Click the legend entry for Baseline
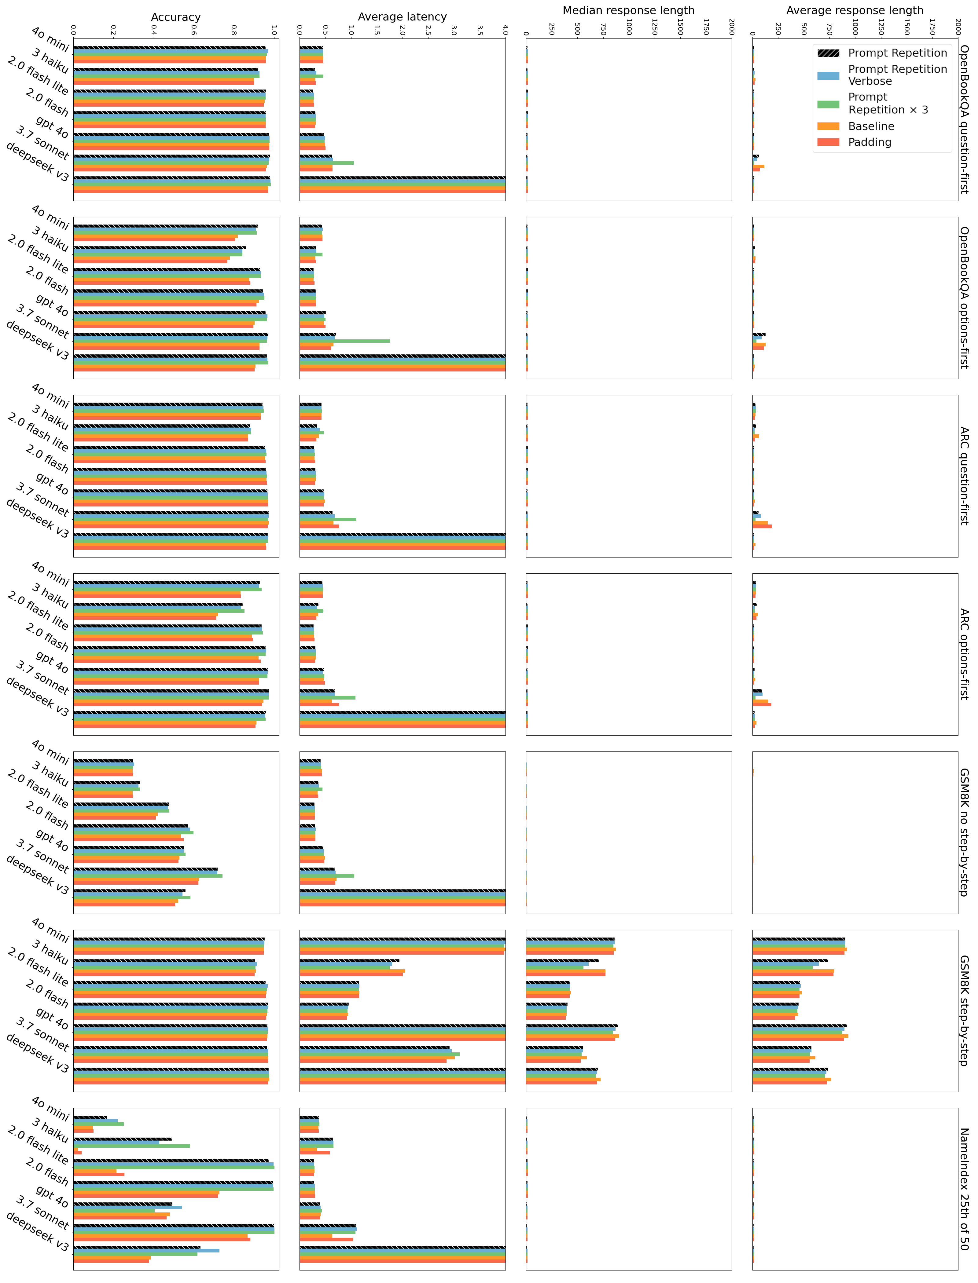[x=871, y=126]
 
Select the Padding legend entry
[x=869, y=142]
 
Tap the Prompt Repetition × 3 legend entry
[x=888, y=104]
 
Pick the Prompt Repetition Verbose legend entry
[x=897, y=75]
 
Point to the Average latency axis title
[x=402, y=17]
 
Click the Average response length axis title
[x=855, y=10]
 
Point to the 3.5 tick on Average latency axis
[x=480, y=29]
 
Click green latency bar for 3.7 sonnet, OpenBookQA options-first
[x=345, y=341]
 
